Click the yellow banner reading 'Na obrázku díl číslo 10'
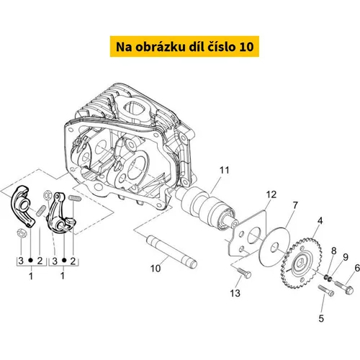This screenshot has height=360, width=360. [184, 47]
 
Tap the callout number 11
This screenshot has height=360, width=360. [225, 170]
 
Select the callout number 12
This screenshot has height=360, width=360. [271, 194]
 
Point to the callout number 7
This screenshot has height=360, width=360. [295, 205]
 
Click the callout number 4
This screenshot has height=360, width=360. [320, 221]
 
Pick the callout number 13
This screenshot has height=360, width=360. [235, 293]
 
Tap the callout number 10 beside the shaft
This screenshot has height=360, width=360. [156, 269]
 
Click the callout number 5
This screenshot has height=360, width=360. [321, 318]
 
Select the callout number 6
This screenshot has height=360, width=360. [357, 268]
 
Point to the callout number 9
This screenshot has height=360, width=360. [346, 257]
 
